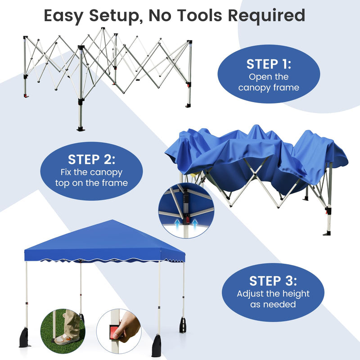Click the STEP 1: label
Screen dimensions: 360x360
pos(269,64)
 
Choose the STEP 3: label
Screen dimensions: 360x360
pos(273,281)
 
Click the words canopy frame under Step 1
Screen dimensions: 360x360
pos(269,88)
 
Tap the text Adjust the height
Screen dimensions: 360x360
pos(273,294)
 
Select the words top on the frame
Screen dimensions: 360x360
pos(91,183)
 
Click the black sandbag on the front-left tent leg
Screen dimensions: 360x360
pos(25,338)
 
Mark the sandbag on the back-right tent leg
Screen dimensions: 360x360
pos(183,325)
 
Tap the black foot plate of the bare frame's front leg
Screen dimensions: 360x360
pos(81,129)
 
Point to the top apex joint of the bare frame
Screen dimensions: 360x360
pos(103,29)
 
